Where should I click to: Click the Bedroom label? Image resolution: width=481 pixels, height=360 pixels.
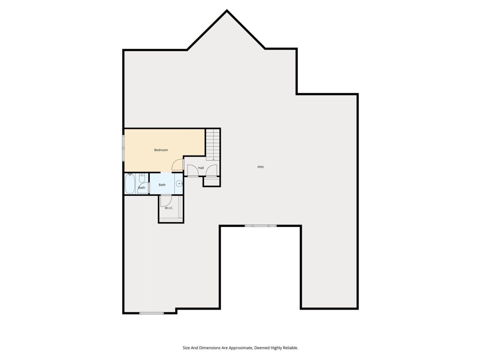tap(161, 150)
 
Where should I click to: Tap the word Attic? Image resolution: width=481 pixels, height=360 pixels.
tap(261, 167)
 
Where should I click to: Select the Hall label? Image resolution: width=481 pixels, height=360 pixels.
tap(201, 168)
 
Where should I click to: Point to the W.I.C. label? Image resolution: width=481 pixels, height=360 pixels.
tap(169, 208)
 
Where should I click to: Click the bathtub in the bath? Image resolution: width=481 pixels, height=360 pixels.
tap(130, 183)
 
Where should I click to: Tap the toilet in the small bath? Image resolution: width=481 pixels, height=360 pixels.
tap(142, 178)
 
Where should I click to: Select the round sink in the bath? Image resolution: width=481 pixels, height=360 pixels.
tap(179, 183)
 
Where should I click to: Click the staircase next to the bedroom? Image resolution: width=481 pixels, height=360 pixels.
tap(212, 145)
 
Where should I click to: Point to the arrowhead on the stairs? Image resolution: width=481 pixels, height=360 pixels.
tap(213, 159)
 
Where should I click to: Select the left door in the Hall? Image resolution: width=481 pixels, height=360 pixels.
tap(193, 170)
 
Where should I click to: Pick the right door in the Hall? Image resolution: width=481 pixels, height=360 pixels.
tap(212, 170)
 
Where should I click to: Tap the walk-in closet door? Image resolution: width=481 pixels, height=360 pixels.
tap(166, 201)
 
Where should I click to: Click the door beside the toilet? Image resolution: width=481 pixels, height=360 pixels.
tap(142, 189)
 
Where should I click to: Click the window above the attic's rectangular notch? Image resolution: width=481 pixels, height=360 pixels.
tap(261, 225)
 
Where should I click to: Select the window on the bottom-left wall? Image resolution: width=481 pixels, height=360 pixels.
tap(152, 313)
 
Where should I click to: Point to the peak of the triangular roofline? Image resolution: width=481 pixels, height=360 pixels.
tap(226, 10)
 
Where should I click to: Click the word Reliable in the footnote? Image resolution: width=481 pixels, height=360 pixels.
tap(290, 348)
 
